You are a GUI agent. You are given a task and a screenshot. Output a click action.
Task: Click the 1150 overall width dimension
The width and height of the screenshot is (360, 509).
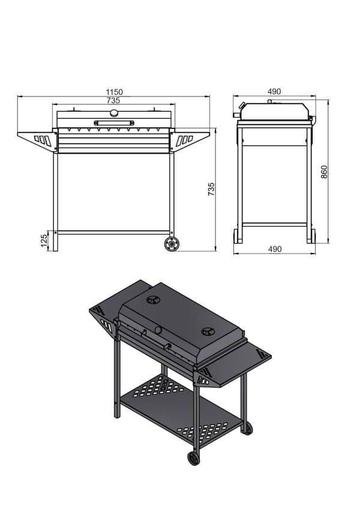pos(115,92)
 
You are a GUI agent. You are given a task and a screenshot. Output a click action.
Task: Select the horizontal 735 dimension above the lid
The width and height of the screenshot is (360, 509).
pos(113,101)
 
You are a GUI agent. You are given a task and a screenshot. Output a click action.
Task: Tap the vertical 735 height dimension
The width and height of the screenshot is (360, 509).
pos(211,189)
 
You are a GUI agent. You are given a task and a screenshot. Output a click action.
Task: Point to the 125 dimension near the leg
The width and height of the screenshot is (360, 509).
pos(44,240)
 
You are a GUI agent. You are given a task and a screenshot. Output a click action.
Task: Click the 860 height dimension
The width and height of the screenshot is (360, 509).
pos(324,171)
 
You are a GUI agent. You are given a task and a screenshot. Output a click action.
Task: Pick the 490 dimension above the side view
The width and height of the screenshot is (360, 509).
pos(274,92)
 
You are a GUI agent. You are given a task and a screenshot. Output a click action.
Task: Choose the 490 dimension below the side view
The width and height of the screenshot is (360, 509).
pos(275,249)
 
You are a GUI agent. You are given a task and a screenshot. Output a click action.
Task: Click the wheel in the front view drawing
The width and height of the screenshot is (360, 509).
pos(172,244)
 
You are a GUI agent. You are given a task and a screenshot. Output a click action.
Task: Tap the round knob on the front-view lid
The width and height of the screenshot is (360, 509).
pos(114,113)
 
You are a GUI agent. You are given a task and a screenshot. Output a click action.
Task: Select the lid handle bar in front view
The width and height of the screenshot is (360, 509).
pos(114,123)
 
